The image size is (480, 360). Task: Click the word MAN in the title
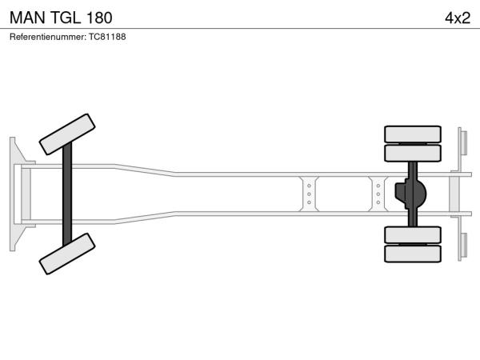pos(27,18)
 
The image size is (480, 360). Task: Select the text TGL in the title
pos(65,18)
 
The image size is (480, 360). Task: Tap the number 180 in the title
pos(99,18)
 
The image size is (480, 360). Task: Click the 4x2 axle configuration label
pos(458,18)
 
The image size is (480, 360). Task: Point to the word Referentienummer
pos(48,37)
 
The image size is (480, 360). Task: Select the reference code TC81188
pos(107,37)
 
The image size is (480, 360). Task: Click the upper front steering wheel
pos(67,134)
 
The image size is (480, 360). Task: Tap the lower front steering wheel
pos(67,254)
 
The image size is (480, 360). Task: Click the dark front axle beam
pos(67,194)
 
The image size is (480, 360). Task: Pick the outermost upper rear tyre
pos(413,134)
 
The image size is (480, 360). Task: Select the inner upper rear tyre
pos(413,153)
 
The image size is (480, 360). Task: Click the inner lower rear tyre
pos(413,234)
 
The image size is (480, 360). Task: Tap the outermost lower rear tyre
pos(413,254)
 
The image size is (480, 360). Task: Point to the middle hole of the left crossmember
pos(309,194)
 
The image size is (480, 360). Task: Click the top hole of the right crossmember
pos(378,186)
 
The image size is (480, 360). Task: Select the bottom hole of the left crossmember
pos(309,202)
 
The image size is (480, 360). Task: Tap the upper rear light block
pos(464,142)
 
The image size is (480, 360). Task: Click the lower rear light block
pos(464,246)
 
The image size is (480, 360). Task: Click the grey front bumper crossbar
pos(26,194)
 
